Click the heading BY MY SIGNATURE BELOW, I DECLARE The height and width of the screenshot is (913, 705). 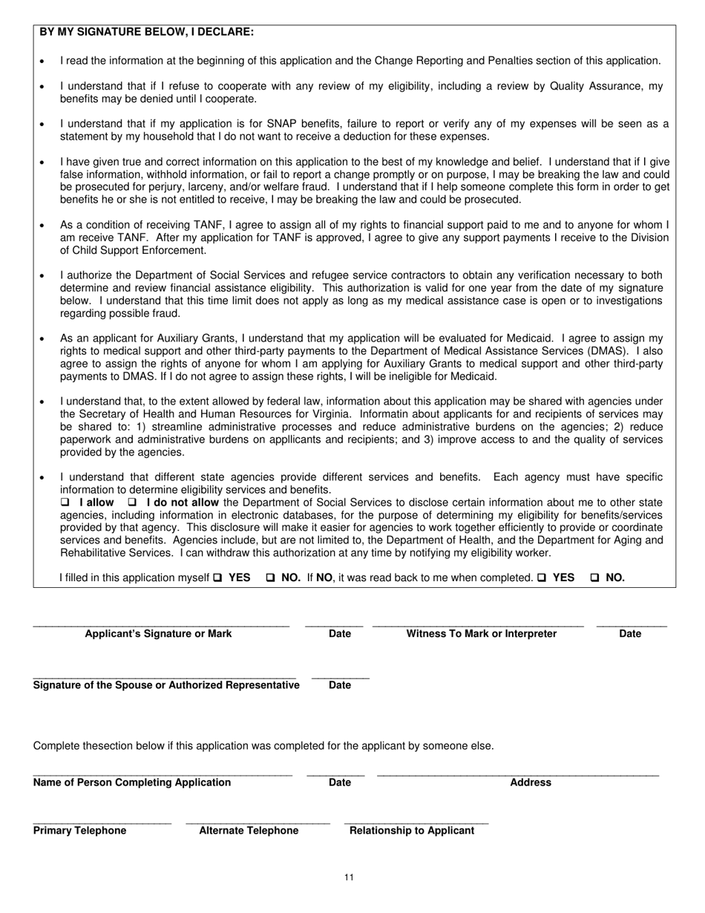[146, 32]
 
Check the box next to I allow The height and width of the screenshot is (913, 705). [65, 503]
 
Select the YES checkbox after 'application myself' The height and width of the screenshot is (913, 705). [217, 577]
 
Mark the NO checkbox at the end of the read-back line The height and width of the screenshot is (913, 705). [594, 577]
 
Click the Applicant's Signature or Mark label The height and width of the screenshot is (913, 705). [158, 634]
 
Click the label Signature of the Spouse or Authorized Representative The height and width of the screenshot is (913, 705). [166, 685]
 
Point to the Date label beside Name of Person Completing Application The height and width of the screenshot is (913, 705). [339, 782]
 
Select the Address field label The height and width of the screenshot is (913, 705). [531, 782]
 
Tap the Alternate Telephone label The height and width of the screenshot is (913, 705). [249, 831]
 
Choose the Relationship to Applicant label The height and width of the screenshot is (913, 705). [412, 831]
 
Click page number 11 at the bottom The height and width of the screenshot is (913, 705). [350, 878]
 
